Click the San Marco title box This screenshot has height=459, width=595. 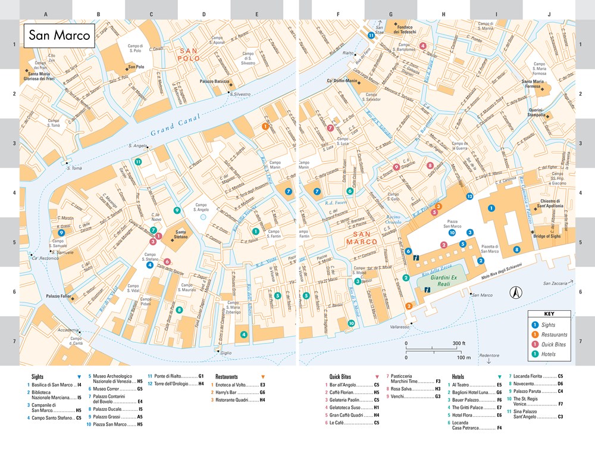58,35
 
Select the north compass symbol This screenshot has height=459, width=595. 516,292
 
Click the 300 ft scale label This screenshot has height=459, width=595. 459,344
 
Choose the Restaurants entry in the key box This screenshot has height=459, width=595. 553,335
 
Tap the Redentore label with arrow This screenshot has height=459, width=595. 488,354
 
